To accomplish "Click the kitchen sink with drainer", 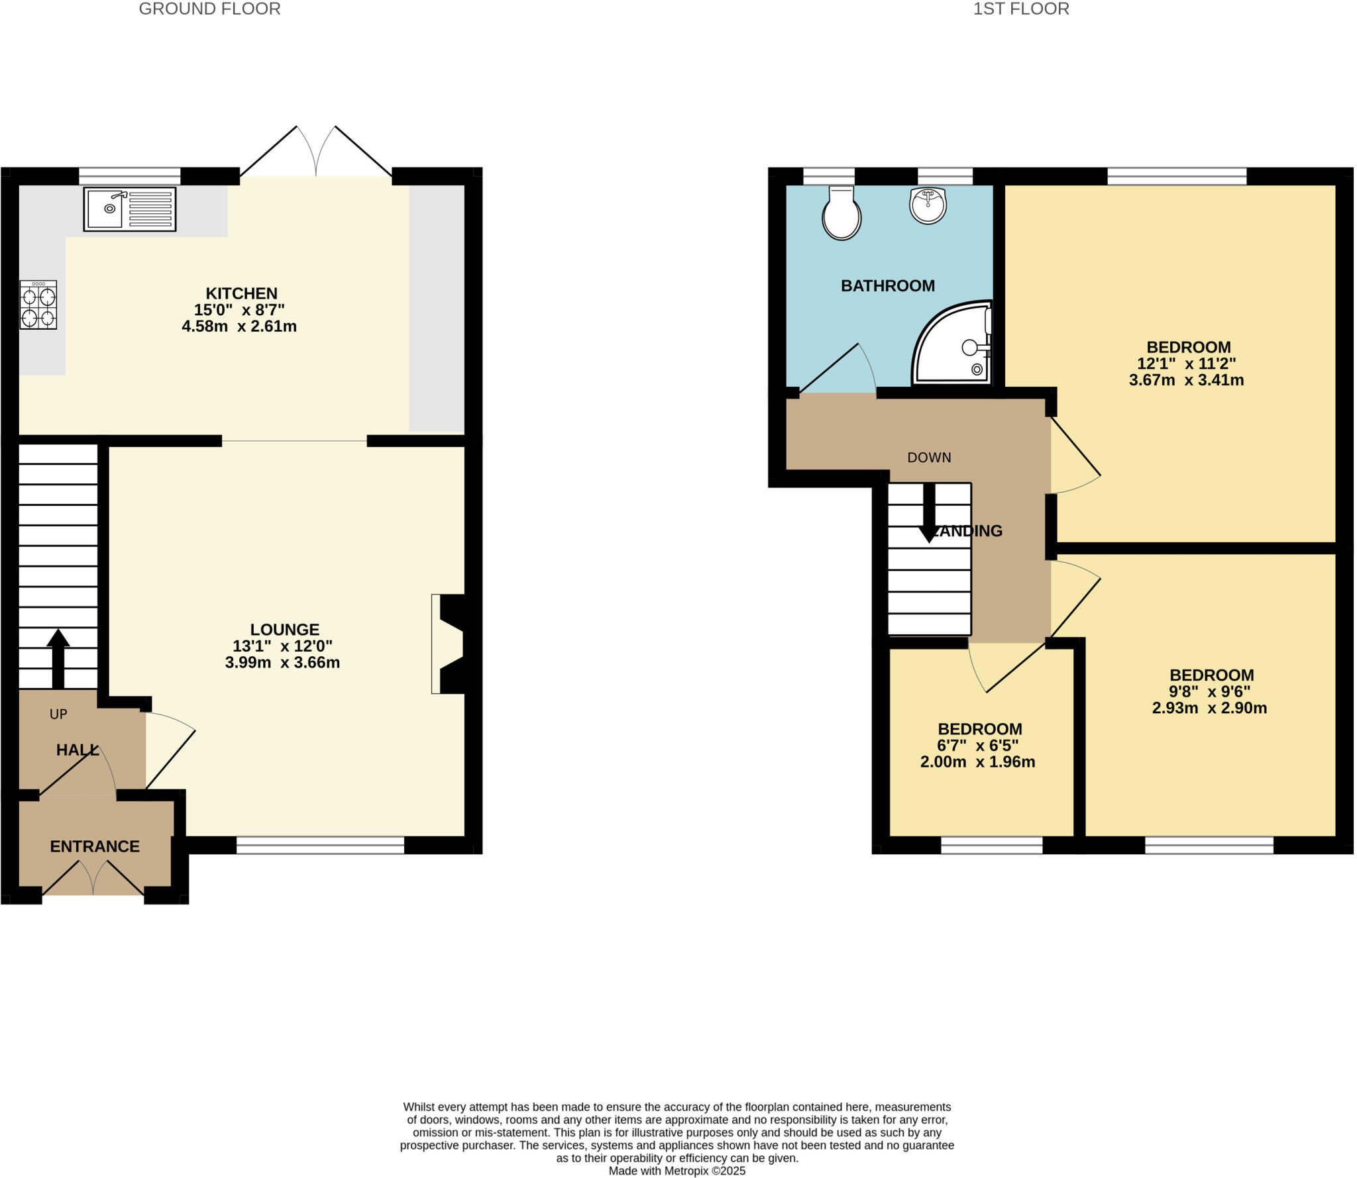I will click(x=130, y=209).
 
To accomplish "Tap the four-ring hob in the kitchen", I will click(x=38, y=305).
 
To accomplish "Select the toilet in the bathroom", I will click(x=841, y=213).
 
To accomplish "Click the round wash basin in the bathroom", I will click(x=928, y=205).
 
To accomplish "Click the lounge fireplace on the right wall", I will click(x=449, y=644).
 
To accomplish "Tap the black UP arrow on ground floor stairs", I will click(x=58, y=658).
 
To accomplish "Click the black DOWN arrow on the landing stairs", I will click(x=929, y=514).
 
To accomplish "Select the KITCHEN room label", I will click(x=241, y=293).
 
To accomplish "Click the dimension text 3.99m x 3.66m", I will click(x=282, y=662).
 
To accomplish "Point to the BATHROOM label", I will click(x=887, y=285).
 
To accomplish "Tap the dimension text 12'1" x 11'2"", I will click(x=1186, y=364).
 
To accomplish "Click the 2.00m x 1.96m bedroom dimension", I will click(x=977, y=762).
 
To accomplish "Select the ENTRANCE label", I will click(x=95, y=846).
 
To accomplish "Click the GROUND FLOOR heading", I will click(x=209, y=9).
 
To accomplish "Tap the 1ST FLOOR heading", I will click(x=1020, y=9).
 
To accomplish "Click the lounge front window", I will click(x=320, y=845).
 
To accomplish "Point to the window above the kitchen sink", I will click(x=130, y=175).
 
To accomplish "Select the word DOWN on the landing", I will click(x=929, y=458).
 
